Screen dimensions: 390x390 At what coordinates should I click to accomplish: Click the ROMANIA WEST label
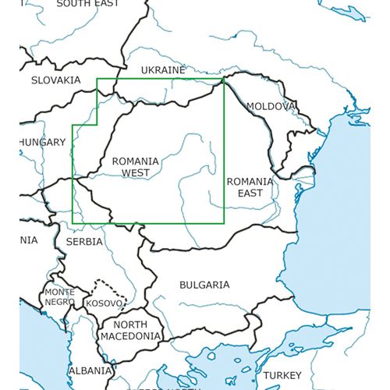click(135, 167)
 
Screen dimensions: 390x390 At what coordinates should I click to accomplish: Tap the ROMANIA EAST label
click(250, 186)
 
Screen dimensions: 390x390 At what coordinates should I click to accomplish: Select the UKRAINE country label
click(162, 70)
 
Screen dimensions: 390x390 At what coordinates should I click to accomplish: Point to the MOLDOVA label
click(271, 106)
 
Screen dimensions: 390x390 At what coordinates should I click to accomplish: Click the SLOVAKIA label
click(55, 80)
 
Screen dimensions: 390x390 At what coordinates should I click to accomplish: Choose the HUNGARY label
click(42, 143)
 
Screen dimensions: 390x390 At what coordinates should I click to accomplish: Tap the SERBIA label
click(84, 242)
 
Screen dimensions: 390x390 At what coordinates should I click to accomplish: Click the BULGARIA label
click(204, 285)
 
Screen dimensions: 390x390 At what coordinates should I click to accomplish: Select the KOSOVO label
click(103, 303)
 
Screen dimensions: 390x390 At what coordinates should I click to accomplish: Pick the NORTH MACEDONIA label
click(129, 330)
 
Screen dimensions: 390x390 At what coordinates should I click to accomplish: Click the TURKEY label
click(281, 375)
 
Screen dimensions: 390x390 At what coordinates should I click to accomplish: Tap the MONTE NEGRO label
click(59, 296)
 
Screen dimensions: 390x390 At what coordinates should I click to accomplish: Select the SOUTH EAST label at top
click(87, 4)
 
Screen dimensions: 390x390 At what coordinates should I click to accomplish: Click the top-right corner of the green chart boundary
click(224, 79)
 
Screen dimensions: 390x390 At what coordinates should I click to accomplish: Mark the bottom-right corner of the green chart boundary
click(224, 223)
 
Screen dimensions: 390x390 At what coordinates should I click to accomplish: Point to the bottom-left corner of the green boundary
click(73, 223)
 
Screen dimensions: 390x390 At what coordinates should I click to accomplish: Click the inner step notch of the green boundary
click(97, 125)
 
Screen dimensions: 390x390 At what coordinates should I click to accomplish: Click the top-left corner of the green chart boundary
click(97, 79)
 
